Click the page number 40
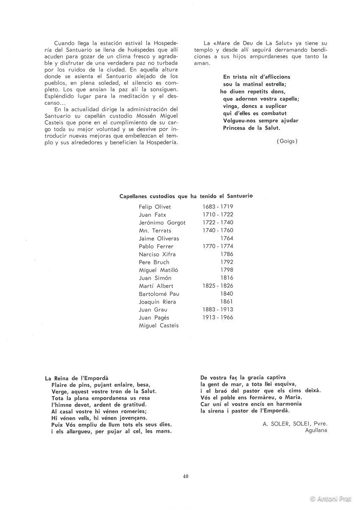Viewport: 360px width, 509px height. [186, 476]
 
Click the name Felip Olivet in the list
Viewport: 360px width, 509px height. [155, 207]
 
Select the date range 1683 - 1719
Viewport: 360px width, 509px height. [218, 207]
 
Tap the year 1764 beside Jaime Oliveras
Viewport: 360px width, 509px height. [227, 238]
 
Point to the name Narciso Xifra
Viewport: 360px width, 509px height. [157, 254]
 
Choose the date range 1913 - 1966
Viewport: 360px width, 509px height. [218, 317]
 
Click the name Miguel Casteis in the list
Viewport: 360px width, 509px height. [159, 325]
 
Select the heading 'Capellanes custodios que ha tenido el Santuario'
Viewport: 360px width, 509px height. [186, 196]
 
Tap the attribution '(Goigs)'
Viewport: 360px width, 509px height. [287, 141]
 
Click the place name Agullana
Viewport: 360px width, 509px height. [316, 431]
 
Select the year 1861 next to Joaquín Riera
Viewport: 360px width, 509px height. [227, 302]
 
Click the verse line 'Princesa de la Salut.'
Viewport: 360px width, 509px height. [251, 128]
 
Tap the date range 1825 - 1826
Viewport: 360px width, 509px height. [218, 286]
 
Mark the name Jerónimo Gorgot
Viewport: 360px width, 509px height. [162, 222]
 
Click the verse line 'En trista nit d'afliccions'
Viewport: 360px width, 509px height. [256, 77]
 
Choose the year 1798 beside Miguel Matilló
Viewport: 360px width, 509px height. [227, 270]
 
